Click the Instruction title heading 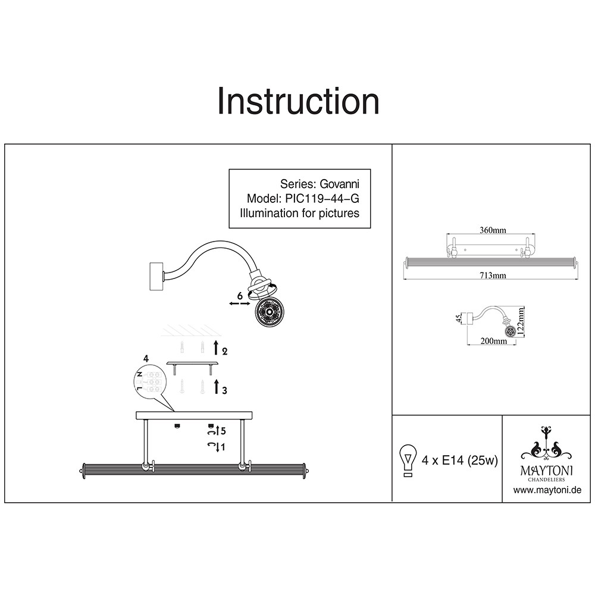point(298,101)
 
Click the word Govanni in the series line point(339,184)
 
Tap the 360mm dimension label point(493,230)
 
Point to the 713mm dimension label point(493,275)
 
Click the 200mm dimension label point(493,341)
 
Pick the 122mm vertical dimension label point(521,321)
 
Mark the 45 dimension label point(459,318)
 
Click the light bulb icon point(408,460)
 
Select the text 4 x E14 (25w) point(459,461)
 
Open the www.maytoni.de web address point(547,490)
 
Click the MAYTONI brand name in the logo point(546,471)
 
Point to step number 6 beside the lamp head point(240,296)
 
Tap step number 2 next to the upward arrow point(225,352)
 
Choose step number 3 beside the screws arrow point(225,390)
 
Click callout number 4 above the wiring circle point(146,359)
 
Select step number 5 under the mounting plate point(223,431)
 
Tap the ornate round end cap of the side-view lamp point(270,312)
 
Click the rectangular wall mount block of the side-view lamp point(156,277)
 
